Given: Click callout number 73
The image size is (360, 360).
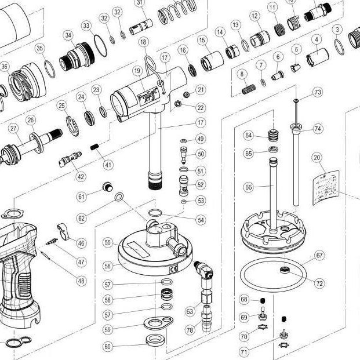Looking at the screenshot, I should [317, 92].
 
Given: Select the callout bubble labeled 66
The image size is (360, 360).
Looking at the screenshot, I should [248, 188].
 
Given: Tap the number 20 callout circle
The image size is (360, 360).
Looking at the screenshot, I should [317, 157].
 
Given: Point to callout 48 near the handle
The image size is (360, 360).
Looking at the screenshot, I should [81, 281].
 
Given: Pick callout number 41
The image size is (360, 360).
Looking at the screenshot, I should [108, 165].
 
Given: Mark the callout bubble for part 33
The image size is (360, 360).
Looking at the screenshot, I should [86, 26].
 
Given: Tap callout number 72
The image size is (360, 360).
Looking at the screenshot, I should [319, 283].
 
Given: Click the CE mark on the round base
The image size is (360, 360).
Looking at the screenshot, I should [173, 268].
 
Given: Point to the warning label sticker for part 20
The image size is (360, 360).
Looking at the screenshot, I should [325, 184].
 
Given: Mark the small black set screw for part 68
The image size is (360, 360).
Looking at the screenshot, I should [261, 300].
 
